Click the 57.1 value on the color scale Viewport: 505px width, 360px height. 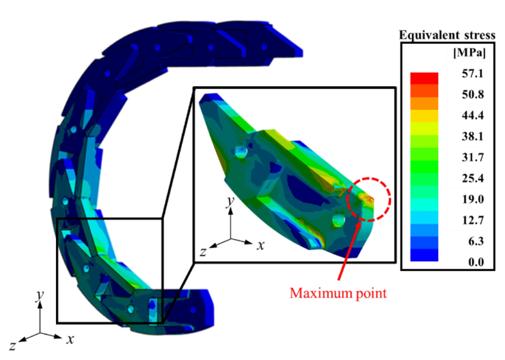tap(472, 74)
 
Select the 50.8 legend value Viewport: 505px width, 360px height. tap(473, 95)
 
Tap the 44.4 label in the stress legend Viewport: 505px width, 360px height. tap(473, 116)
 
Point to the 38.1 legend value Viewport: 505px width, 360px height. tap(472, 137)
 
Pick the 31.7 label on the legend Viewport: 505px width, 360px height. tap(473, 157)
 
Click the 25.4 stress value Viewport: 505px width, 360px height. tap(473, 178)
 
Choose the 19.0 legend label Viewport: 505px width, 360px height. tap(473, 199)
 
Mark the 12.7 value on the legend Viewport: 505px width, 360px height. tap(473, 220)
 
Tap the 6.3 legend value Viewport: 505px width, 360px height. tap(476, 241)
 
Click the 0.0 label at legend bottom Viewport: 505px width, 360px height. tap(476, 262)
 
